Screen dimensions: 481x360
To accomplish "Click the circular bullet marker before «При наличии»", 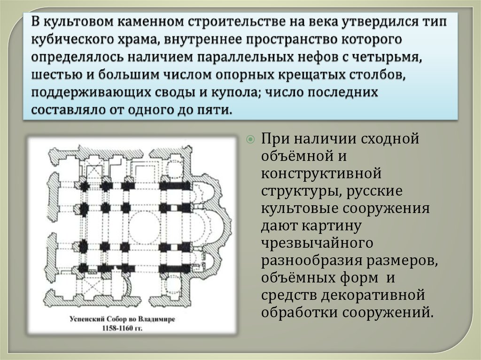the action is [251, 139].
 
